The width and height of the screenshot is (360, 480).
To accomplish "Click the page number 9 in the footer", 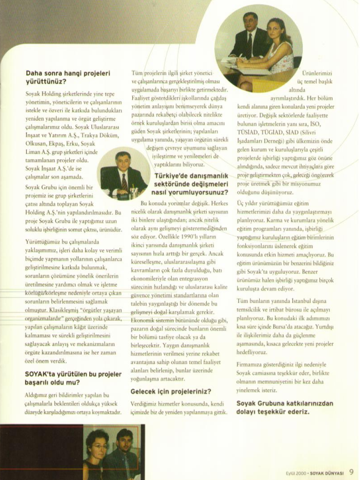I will pyautogui.click(x=351, y=472).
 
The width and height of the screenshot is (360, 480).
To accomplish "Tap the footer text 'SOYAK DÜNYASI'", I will pyautogui.click(x=329, y=472).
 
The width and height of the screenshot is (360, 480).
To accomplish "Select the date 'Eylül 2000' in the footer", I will pyautogui.click(x=297, y=472).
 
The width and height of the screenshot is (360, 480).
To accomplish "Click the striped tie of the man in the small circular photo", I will pyautogui.click(x=123, y=182).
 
